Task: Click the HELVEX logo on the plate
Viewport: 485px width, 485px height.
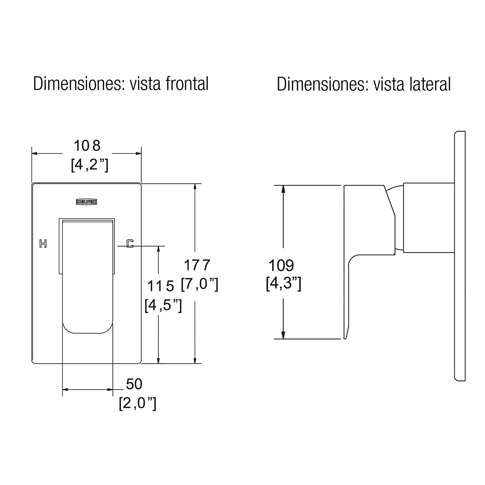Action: click(86, 202)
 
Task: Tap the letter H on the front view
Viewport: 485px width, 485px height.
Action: click(43, 244)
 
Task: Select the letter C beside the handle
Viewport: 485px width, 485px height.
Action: click(130, 244)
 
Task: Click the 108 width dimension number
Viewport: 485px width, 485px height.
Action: click(87, 146)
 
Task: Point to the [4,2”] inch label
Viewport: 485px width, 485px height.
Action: click(90, 165)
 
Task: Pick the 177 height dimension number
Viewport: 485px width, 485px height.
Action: click(197, 265)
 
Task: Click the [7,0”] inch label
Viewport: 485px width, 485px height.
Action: click(200, 285)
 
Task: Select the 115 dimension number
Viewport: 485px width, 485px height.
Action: click(160, 286)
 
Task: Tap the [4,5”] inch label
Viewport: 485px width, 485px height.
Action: click(163, 306)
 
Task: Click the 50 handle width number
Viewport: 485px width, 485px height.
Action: click(134, 384)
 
